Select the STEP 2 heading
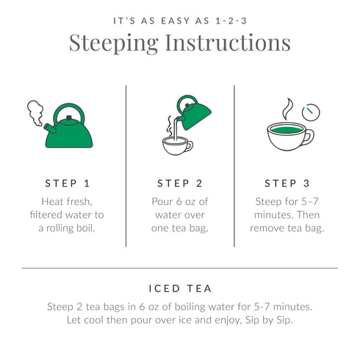point(180,183)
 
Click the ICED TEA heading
point(179,289)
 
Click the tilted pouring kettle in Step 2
point(192,115)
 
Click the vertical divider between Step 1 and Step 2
point(126,165)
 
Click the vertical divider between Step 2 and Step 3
point(234,165)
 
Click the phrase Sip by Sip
point(278,320)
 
